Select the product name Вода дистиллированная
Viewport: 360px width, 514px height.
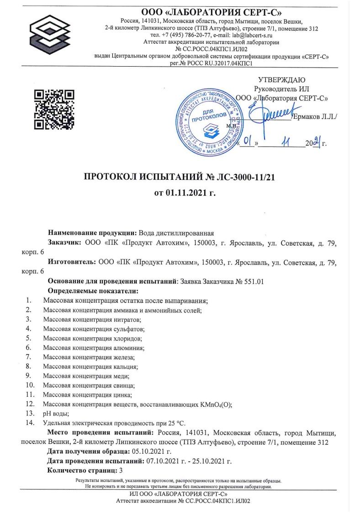pyautogui.click(x=176, y=233)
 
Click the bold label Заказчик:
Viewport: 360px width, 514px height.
pyautogui.click(x=65, y=242)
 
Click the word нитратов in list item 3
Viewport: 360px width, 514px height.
pyautogui.click(x=127, y=319)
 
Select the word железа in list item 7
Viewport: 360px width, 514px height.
pyautogui.click(x=124, y=357)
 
